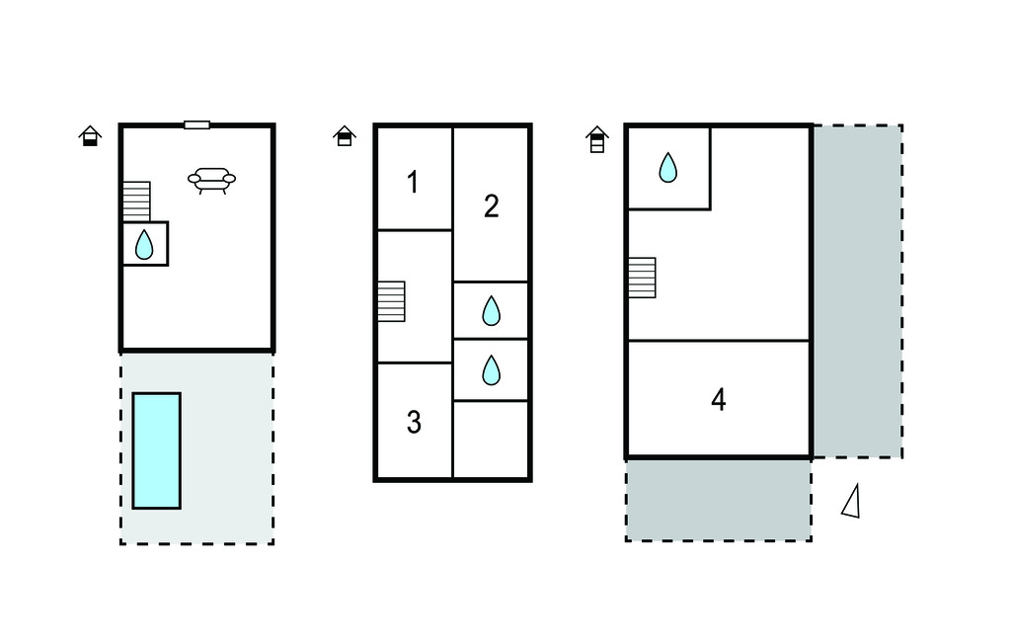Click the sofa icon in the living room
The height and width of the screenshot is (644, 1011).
point(211,180)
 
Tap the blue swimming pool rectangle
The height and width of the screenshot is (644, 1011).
point(157,450)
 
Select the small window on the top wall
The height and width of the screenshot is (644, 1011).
point(196,124)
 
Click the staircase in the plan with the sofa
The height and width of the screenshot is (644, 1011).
point(136,201)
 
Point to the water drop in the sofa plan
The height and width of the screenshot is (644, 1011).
point(144,245)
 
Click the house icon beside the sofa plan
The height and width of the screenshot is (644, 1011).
point(90,135)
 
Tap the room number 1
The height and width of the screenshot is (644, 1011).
point(414,183)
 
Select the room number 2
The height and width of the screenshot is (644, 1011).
point(492,206)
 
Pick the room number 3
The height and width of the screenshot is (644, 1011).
point(414,422)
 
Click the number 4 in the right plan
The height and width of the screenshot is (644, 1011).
point(719,399)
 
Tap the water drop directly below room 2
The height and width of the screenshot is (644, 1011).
point(492,310)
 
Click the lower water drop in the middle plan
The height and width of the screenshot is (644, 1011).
point(492,370)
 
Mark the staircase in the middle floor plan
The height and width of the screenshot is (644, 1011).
point(391,301)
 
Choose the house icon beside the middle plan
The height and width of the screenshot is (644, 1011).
point(345,135)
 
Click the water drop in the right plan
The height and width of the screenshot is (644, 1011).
point(668,168)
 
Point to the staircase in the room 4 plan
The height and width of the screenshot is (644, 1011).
point(642,279)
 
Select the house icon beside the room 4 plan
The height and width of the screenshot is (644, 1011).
point(597,139)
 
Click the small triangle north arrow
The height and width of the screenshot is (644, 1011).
point(852,501)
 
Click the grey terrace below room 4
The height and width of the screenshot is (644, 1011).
point(719,500)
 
